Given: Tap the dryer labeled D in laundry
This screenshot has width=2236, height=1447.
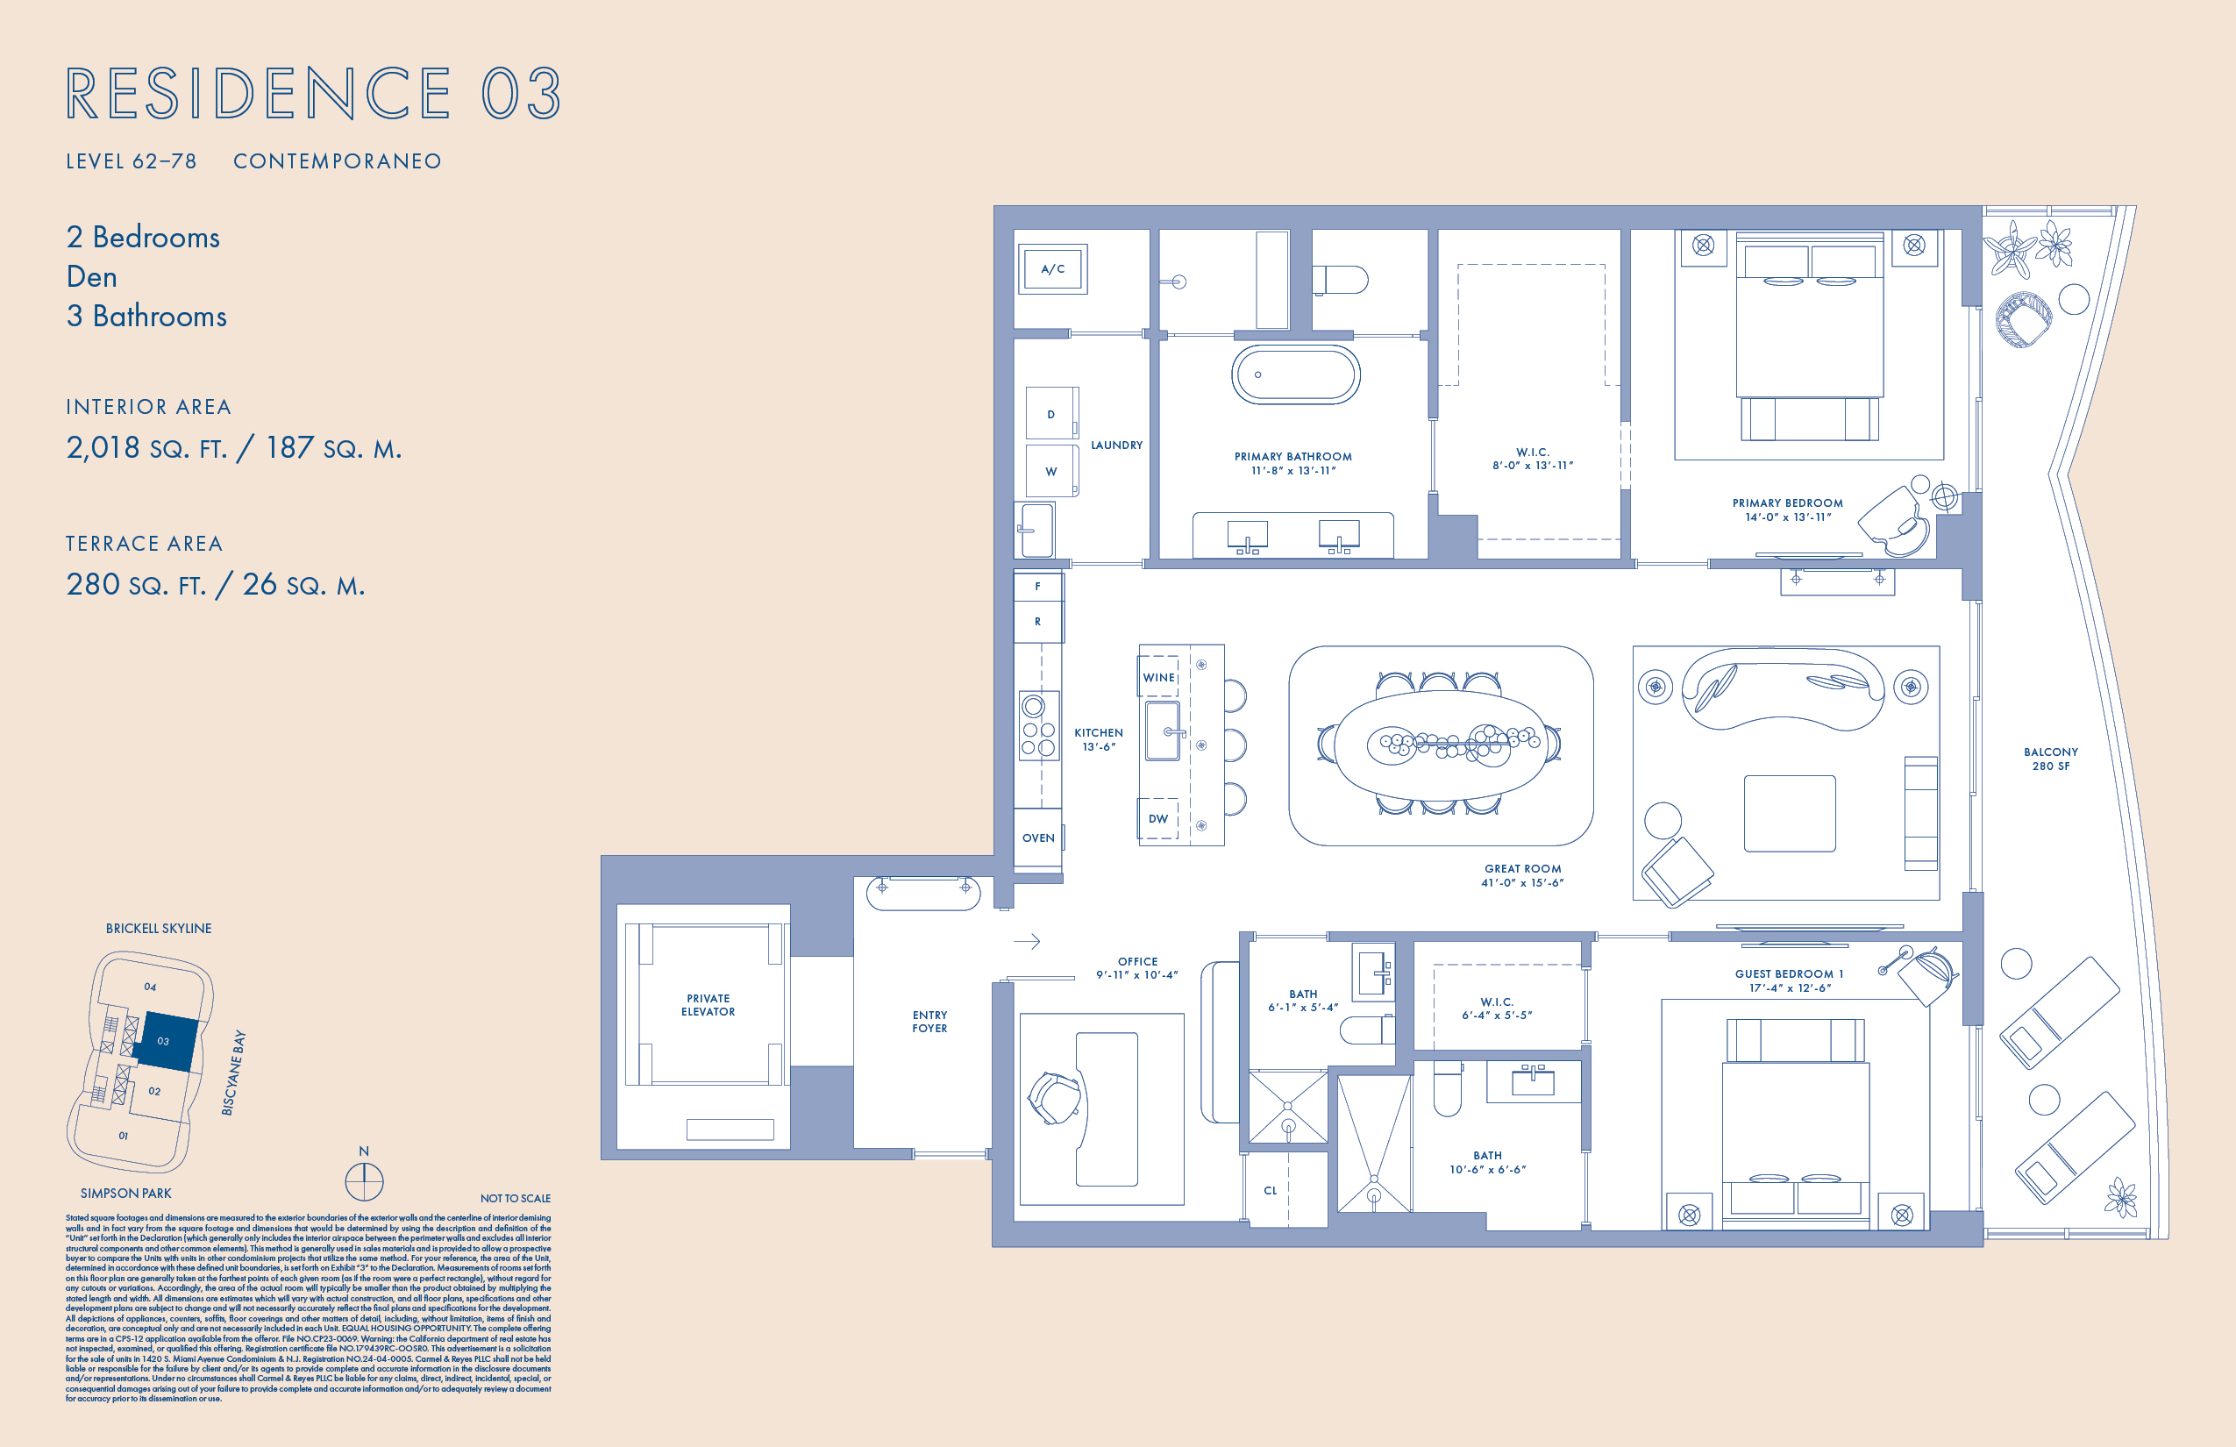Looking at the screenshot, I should click(x=1050, y=414).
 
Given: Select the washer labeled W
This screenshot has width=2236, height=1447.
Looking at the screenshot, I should click(x=1050, y=472).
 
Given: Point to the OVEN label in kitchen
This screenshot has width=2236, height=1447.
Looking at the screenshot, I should click(x=1038, y=838).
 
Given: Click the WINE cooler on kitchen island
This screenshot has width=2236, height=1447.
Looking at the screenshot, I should click(x=1158, y=677).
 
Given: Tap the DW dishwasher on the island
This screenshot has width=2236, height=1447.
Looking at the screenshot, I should click(x=1157, y=819).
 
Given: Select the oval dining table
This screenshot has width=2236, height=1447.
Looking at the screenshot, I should click(x=1439, y=745).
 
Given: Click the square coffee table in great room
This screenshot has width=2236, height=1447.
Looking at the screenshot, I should click(x=1789, y=814).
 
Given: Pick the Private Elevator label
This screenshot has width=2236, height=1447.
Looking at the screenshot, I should click(x=708, y=1004).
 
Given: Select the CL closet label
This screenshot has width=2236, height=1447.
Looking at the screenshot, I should click(x=1271, y=1191).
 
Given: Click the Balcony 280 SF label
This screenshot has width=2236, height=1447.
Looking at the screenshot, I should click(x=2050, y=759).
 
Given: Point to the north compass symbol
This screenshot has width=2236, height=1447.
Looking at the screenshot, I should click(x=364, y=1181).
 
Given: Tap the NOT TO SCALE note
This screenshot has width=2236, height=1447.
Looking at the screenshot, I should click(x=515, y=1199).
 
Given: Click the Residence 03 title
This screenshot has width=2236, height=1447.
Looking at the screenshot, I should click(x=314, y=94).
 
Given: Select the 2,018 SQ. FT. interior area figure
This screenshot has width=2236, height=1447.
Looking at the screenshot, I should click(x=147, y=448).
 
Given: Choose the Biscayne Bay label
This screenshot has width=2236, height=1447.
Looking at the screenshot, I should click(x=233, y=1072).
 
